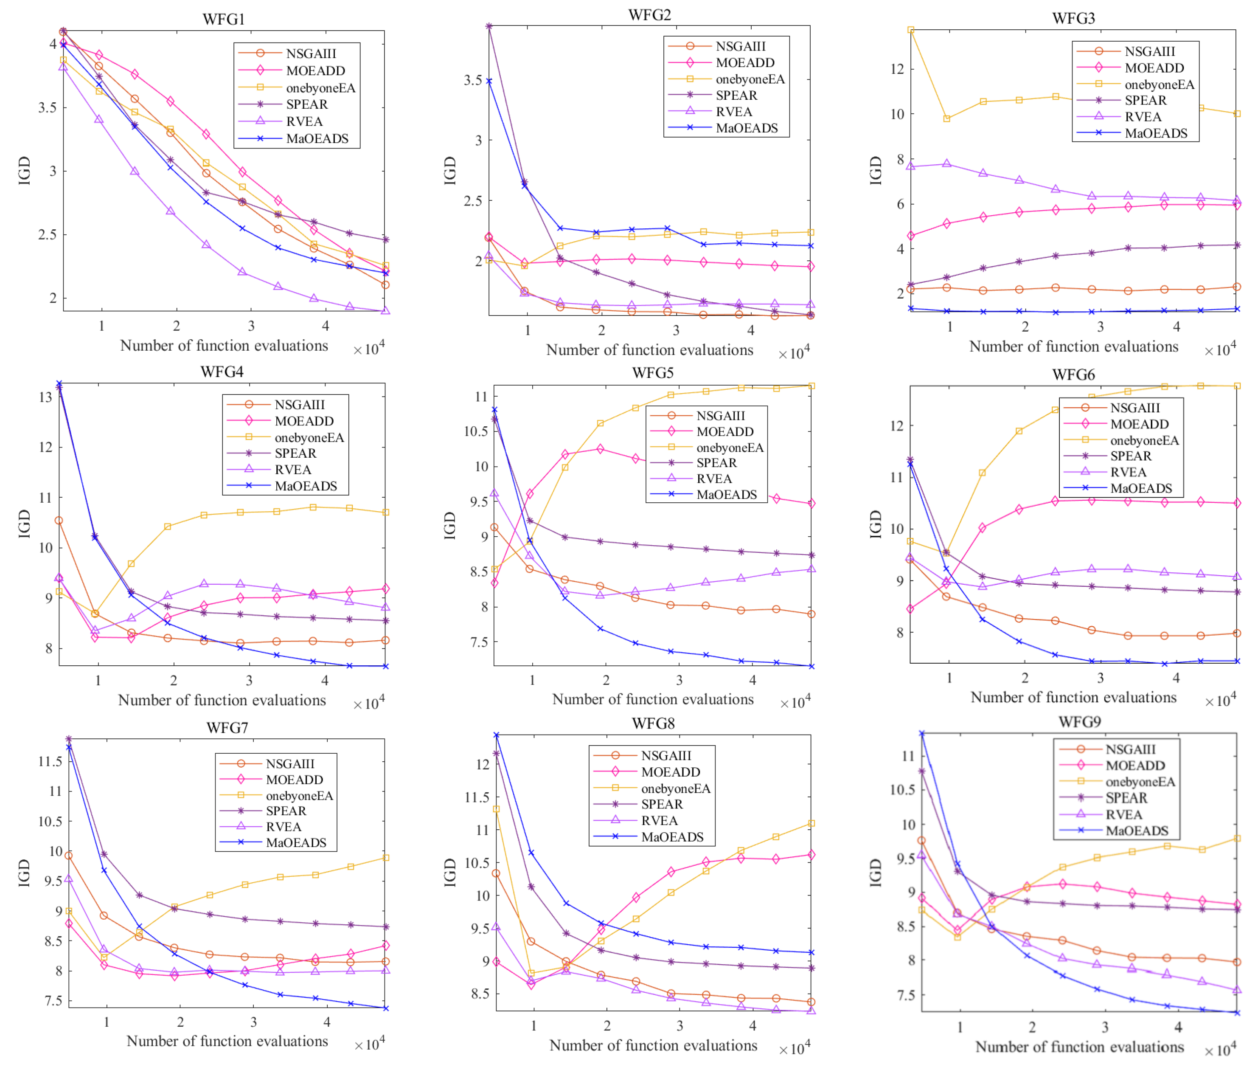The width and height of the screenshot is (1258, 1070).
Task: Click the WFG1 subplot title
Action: coord(223,19)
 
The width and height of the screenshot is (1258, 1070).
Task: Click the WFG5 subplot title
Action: coord(652,372)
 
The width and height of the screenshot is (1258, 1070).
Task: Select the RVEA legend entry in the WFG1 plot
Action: coord(304,121)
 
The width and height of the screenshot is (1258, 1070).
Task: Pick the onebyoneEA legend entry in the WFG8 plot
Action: coord(675,788)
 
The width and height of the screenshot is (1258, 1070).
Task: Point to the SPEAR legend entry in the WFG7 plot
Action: coord(286,811)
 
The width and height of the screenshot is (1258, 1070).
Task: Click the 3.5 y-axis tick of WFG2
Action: coord(472,80)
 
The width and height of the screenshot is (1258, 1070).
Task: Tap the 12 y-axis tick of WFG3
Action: coord(897,68)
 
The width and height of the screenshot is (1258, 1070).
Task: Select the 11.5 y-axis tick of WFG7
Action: coord(50,761)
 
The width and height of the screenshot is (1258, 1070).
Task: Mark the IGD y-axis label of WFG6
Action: coord(876,524)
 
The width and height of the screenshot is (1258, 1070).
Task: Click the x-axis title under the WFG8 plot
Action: coord(653,1045)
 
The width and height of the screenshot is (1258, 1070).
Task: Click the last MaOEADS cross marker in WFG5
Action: coord(811,666)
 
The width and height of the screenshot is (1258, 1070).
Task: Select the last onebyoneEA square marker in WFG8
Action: coord(811,823)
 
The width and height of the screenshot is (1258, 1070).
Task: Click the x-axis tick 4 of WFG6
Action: coord(1176,678)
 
